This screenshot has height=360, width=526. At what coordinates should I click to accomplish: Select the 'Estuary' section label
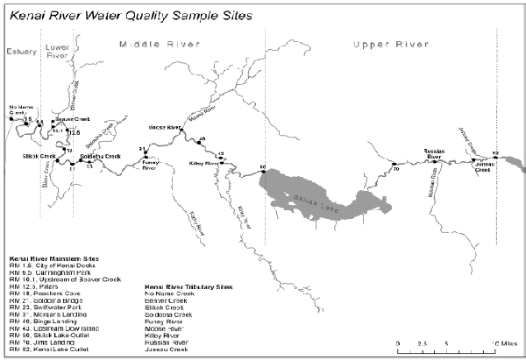coord(21,52)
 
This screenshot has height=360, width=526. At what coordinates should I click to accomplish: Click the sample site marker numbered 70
coord(395,164)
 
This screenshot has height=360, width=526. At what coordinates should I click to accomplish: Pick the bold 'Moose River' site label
coord(164,126)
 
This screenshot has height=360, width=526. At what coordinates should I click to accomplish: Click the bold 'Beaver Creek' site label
coord(73,119)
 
